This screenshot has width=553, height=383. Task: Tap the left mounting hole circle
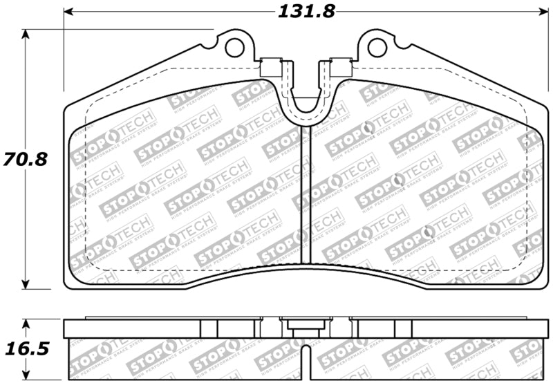tap(235, 47)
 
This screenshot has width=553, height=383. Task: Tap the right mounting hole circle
tap(377, 47)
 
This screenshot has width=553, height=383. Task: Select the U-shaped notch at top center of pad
tap(306, 104)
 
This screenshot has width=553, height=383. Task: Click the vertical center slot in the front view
tap(306, 194)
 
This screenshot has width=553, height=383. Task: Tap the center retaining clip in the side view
tap(306, 326)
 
